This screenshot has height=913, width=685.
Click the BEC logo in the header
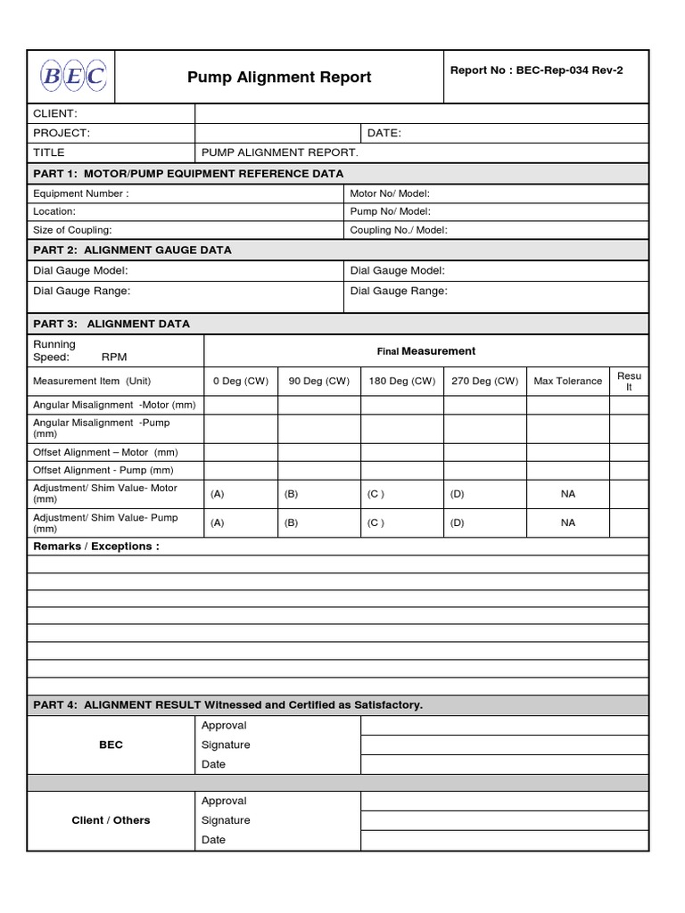coord(72,78)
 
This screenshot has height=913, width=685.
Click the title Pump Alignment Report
coord(279,78)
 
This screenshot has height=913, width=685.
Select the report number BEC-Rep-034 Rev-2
coord(537,71)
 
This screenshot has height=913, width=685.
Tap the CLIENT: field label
coord(55,113)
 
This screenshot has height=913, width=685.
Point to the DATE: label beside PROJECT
coord(384,133)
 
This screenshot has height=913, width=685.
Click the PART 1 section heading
coord(188,173)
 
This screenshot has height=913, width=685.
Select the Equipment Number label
coord(80,193)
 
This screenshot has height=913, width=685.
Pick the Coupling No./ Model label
coord(399,229)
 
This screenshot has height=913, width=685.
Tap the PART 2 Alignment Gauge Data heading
coord(132,251)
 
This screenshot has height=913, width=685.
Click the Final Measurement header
coord(426,351)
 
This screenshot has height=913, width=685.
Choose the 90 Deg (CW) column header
coord(318,381)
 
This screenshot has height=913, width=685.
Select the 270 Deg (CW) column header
coord(484,381)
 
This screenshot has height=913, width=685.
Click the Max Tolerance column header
coord(567,381)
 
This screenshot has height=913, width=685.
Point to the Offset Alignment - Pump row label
coord(103,470)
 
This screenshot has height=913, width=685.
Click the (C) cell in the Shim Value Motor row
coord(376,493)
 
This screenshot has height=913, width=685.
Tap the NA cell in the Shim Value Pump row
coord(568,522)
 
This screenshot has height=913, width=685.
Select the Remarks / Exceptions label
coord(96,547)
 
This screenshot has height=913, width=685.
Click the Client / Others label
coord(111,820)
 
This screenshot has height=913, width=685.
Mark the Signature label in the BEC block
coord(226,744)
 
